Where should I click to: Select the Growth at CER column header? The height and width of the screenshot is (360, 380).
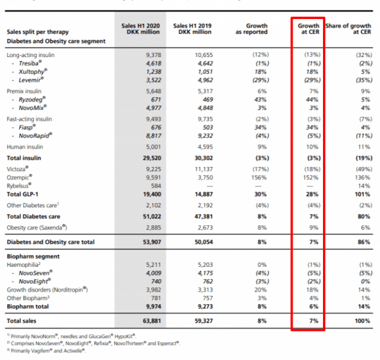(x=309, y=30)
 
